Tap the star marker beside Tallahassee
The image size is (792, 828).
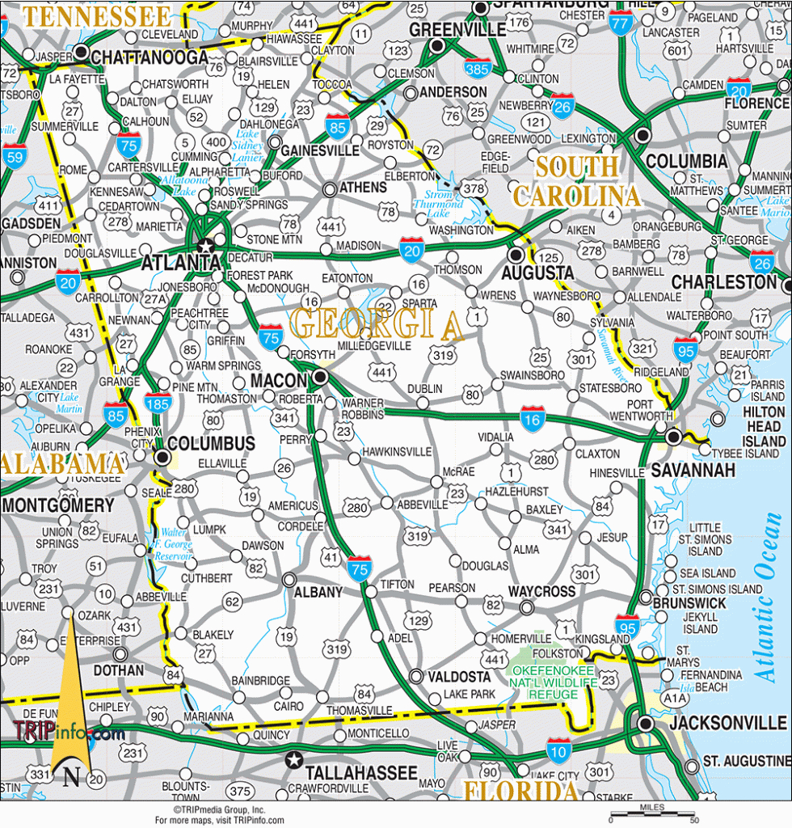click(293, 759)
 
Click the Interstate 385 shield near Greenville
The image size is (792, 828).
click(478, 69)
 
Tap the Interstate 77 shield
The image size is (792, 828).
click(621, 23)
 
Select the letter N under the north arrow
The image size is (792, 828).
click(72, 778)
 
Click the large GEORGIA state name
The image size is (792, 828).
click(376, 323)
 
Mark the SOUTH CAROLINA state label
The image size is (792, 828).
click(577, 182)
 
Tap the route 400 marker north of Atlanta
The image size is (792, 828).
click(216, 142)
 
